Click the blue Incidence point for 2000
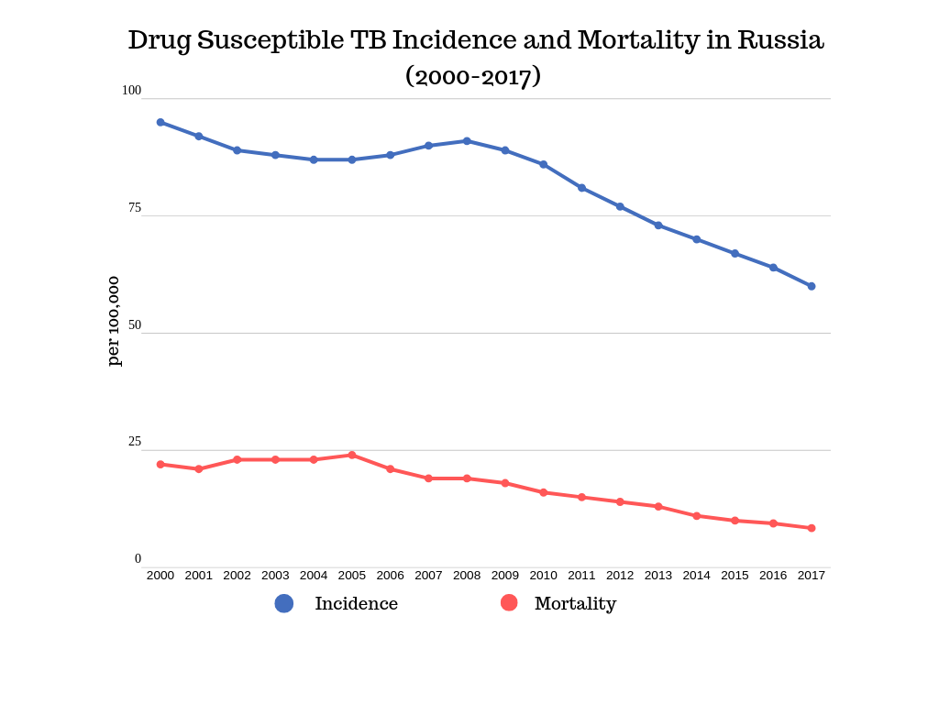pyautogui.click(x=160, y=122)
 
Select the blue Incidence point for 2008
pyautogui.click(x=467, y=141)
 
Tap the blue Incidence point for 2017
pyautogui.click(x=812, y=286)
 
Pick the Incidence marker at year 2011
pyautogui.click(x=581, y=188)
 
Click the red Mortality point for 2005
pyautogui.click(x=352, y=455)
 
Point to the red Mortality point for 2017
pyautogui.click(x=812, y=528)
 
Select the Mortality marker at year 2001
pyautogui.click(x=199, y=468)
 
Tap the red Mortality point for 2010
pyautogui.click(x=544, y=492)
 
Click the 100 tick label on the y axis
pyautogui.click(x=131, y=91)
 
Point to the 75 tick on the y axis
pyautogui.click(x=135, y=208)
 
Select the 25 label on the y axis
pyautogui.click(x=135, y=442)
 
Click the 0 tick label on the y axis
pyautogui.click(x=138, y=559)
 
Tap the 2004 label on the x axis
pyautogui.click(x=314, y=576)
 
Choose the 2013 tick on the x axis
pyautogui.click(x=658, y=576)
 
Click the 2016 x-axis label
pyautogui.click(x=773, y=576)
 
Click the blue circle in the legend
pyautogui.click(x=284, y=603)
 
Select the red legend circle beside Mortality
pyautogui.click(x=509, y=602)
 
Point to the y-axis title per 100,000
pyautogui.click(x=114, y=321)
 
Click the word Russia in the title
pyautogui.click(x=780, y=41)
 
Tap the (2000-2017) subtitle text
pyautogui.click(x=473, y=76)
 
